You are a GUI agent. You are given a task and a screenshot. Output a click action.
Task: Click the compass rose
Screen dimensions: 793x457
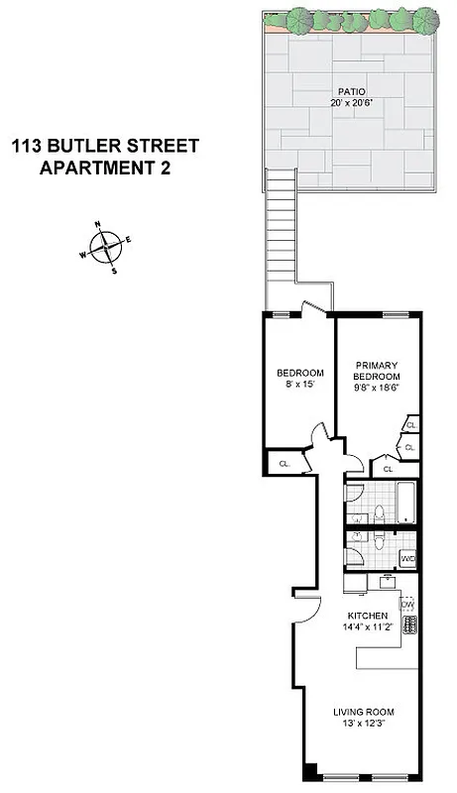click(106, 245)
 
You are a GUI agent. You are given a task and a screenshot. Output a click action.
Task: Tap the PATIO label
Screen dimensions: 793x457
click(343, 91)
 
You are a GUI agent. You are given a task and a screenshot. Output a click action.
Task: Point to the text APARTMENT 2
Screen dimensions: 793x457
click(104, 168)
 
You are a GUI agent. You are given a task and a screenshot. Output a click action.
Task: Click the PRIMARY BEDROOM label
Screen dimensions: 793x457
click(377, 370)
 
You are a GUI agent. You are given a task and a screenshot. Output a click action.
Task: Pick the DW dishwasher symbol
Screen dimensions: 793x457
click(406, 604)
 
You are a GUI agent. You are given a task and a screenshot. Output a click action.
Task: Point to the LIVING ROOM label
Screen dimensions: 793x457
click(363, 712)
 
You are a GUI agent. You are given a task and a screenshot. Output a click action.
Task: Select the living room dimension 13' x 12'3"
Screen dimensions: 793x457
click(363, 724)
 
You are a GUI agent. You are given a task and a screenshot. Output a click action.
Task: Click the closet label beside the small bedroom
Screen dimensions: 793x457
click(284, 463)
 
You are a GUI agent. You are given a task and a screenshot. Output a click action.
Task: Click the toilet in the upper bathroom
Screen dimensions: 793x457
click(379, 514)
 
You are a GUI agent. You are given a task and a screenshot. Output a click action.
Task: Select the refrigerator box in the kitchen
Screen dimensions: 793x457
click(356, 584)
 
